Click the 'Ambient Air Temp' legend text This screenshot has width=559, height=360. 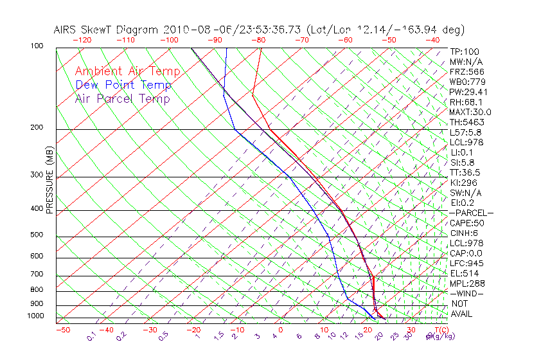[x=127, y=71]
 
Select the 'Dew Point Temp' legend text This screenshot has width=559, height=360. [x=123, y=85]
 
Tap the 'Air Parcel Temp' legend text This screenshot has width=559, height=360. [x=122, y=98]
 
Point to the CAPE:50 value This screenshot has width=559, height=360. [x=466, y=223]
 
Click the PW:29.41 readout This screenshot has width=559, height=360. [x=468, y=92]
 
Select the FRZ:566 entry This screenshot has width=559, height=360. [x=466, y=71]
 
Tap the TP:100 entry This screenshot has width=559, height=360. [x=465, y=51]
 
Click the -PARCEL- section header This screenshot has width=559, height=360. [x=472, y=213]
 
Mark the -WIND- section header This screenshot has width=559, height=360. [x=467, y=293]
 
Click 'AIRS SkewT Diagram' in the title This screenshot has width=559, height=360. [x=107, y=30]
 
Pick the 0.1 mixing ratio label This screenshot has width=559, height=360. [x=92, y=336]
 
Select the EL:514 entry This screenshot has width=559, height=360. [x=463, y=273]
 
